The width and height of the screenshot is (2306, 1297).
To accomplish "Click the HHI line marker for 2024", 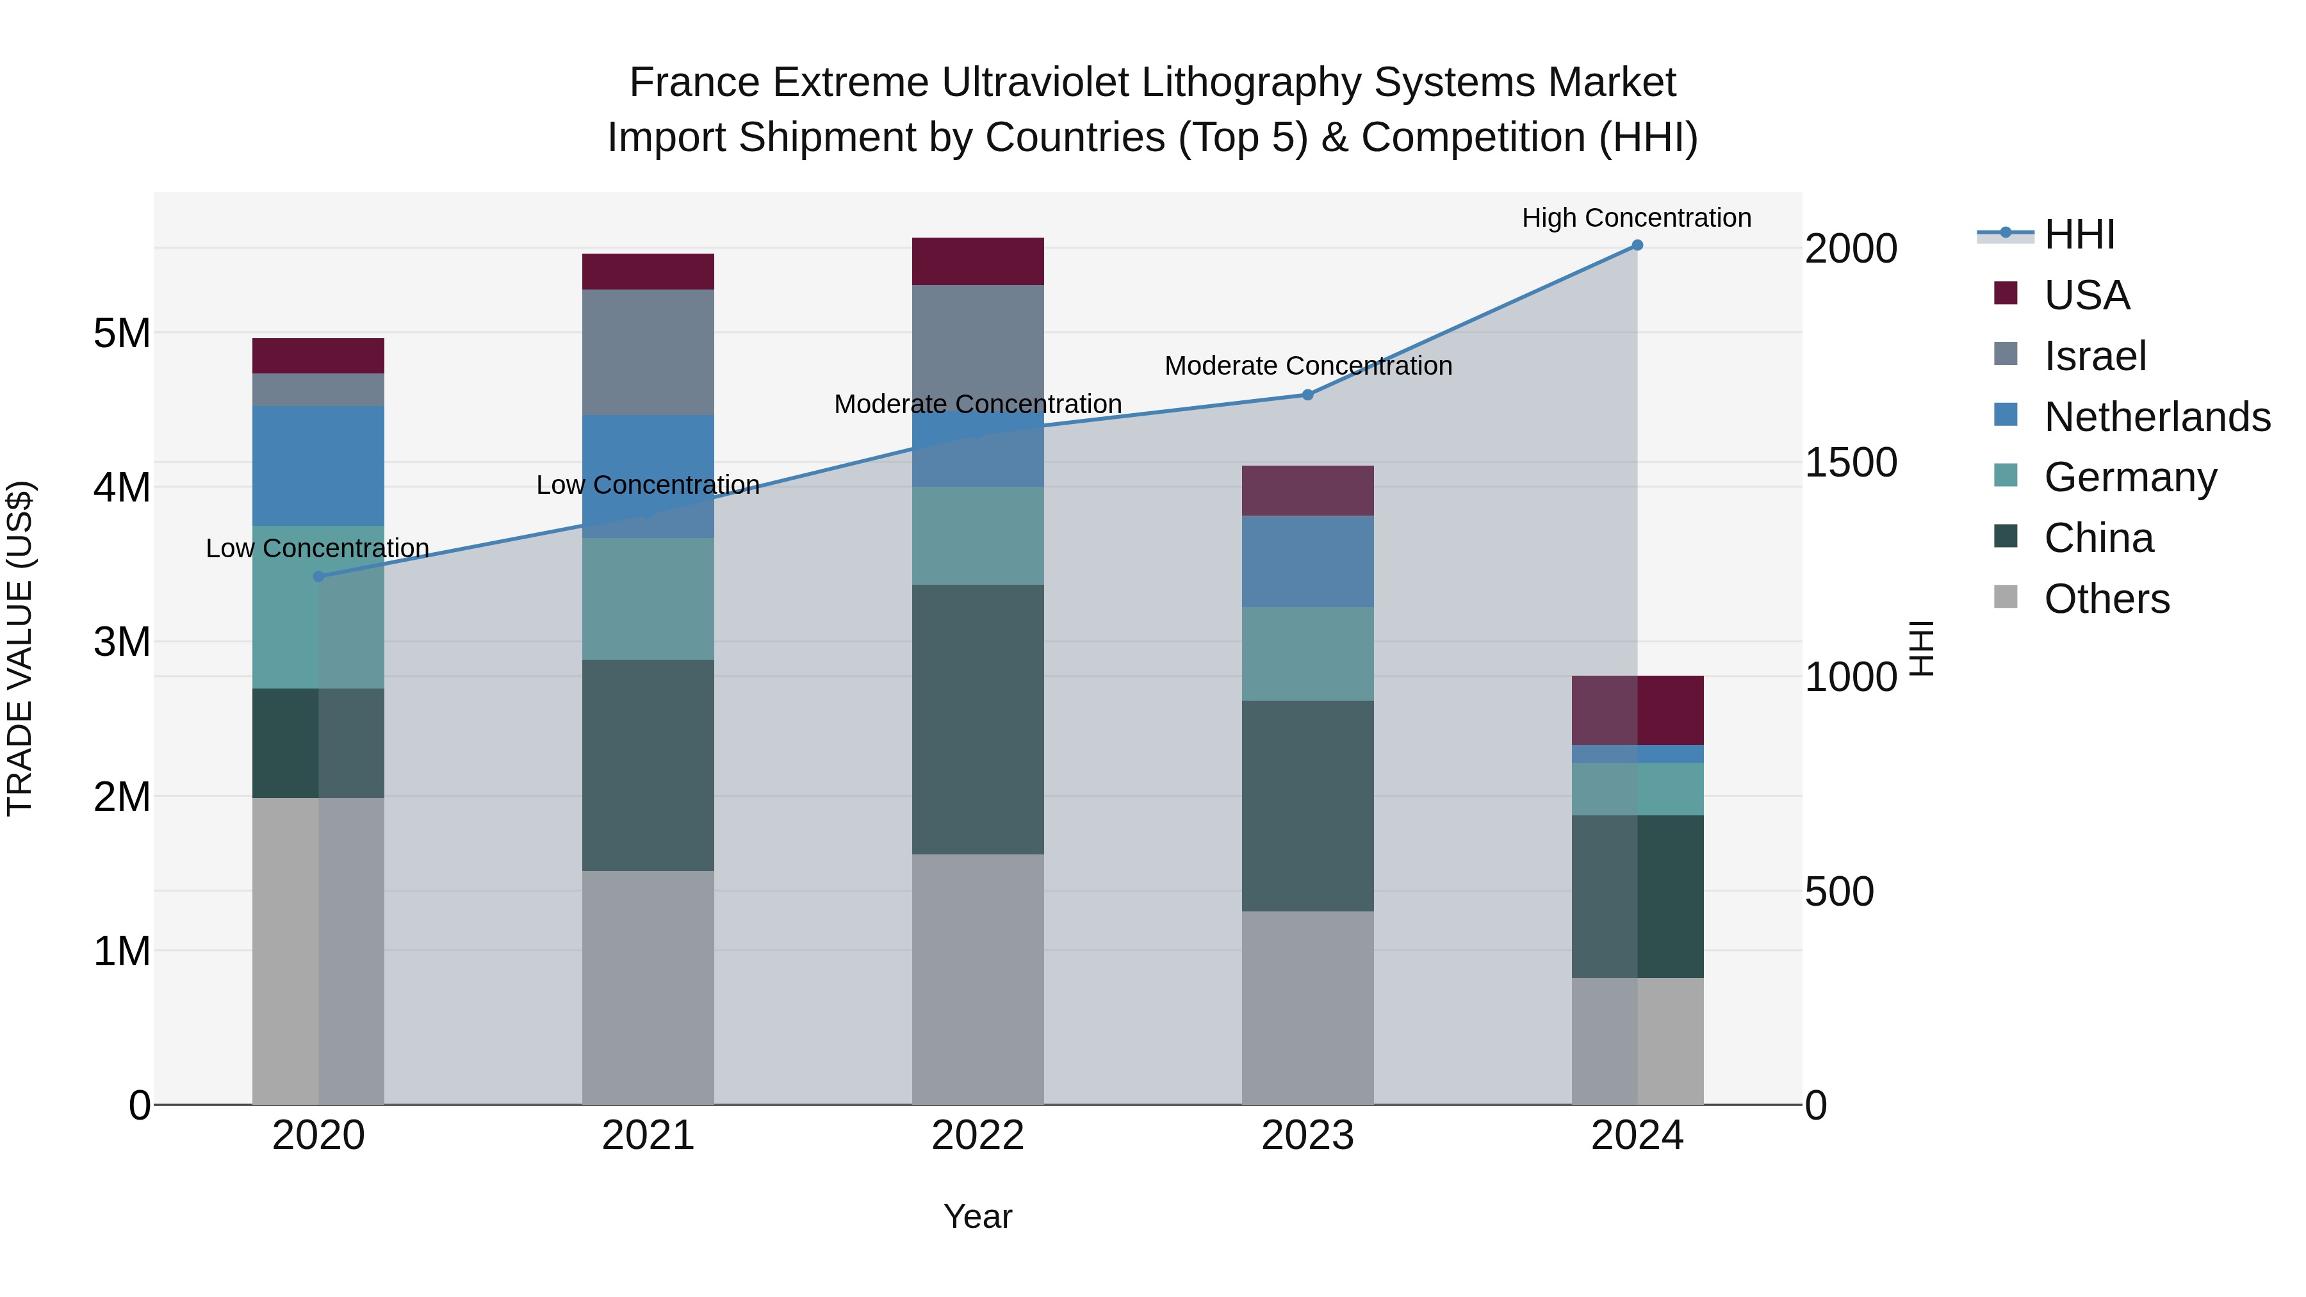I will click(1637, 245).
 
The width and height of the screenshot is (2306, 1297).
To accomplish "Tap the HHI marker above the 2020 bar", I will click(319, 576).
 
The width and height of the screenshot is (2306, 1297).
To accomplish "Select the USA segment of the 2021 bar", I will click(648, 271).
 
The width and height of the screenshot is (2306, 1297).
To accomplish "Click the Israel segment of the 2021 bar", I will click(648, 352).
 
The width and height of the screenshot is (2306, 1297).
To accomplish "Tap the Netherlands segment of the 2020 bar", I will click(319, 466).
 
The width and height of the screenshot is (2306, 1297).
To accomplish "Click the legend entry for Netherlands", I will click(2155, 417).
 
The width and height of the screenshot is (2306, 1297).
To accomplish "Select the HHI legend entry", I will click(2079, 234).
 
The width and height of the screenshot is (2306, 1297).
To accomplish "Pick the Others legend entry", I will click(2106, 599).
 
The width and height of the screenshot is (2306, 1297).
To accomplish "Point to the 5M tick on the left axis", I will click(122, 333).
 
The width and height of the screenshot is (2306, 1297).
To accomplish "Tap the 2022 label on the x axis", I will click(977, 1136).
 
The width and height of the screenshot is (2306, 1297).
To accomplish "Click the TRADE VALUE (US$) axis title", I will click(20, 648).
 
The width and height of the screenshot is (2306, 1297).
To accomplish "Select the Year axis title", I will click(977, 1216).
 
